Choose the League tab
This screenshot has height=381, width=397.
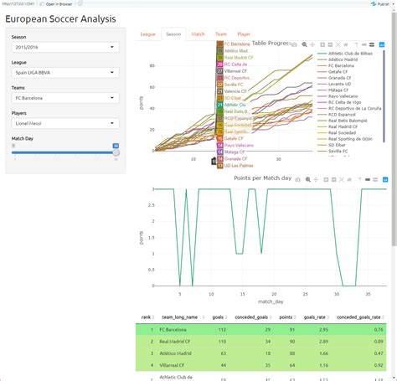tap(147, 34)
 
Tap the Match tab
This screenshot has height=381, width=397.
tap(198, 34)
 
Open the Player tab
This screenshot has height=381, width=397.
tap(244, 34)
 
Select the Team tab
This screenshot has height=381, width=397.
tap(221, 34)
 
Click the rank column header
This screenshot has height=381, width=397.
tap(146, 317)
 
